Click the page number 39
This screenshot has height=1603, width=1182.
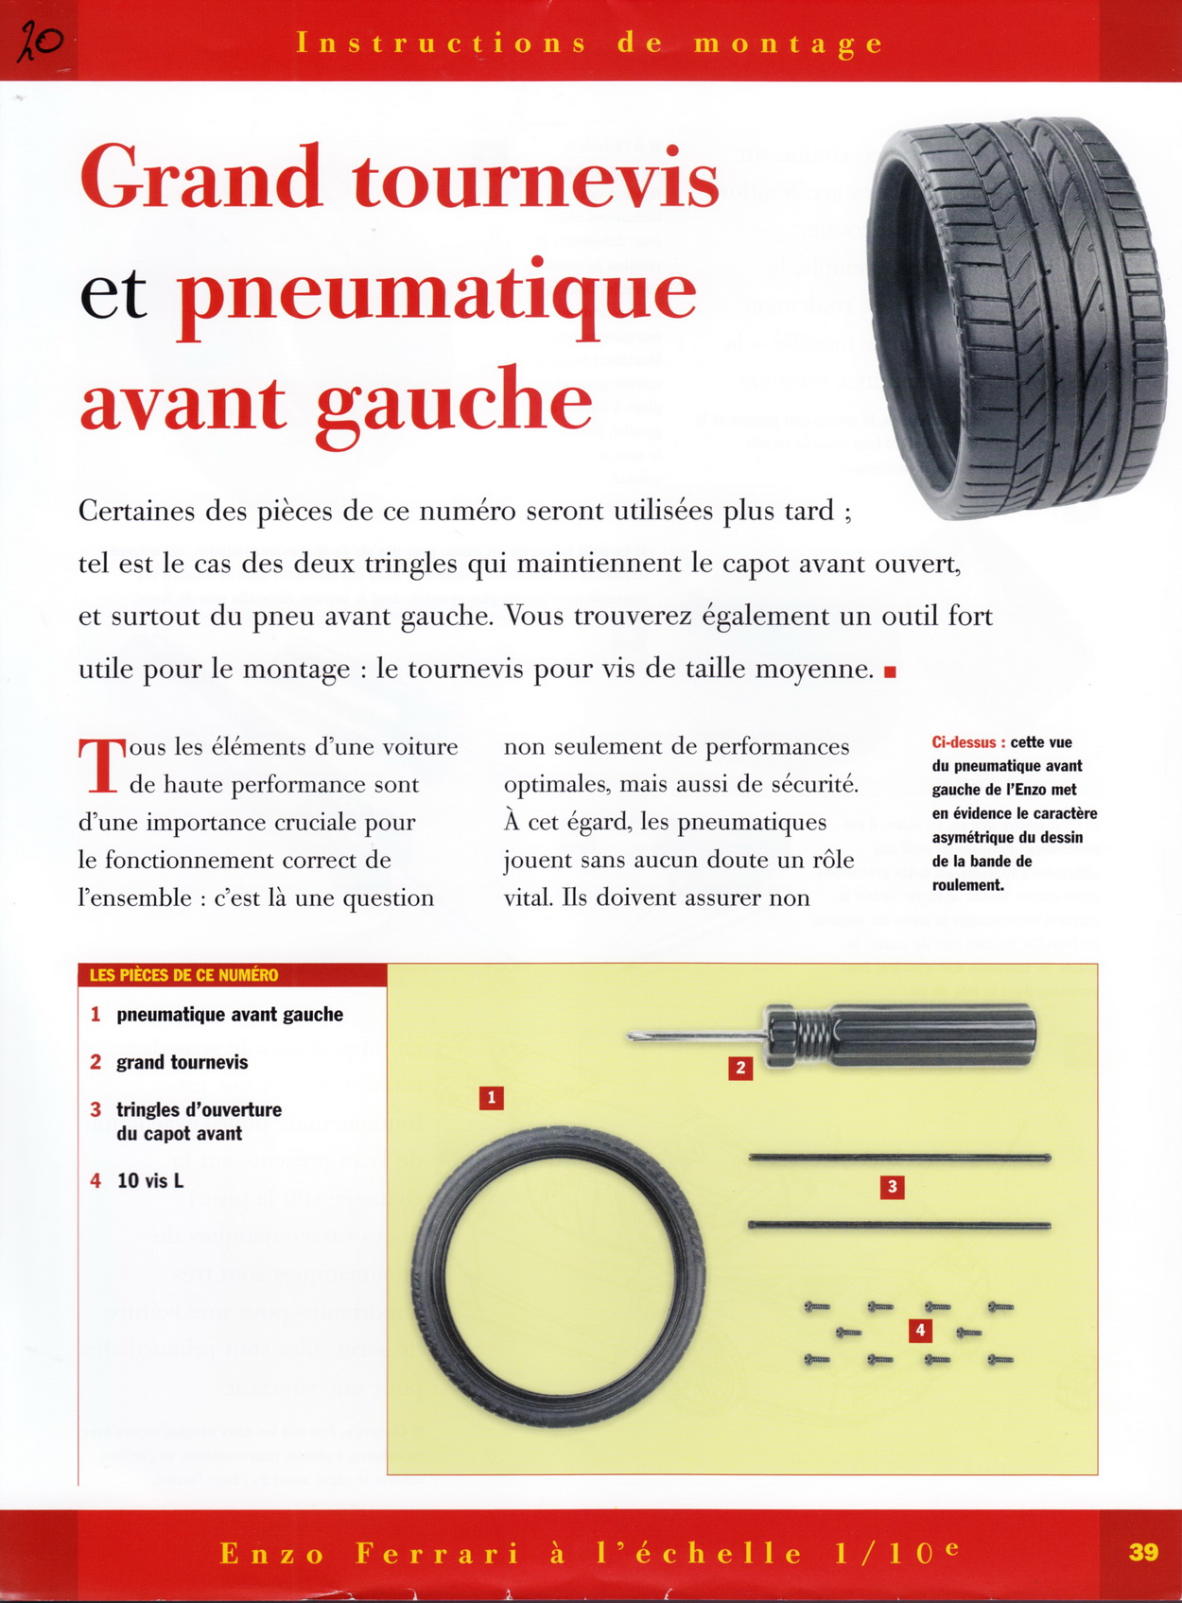pyautogui.click(x=1143, y=1553)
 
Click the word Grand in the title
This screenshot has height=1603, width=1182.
pyautogui.click(x=201, y=179)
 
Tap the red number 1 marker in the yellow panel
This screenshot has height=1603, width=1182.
pyautogui.click(x=491, y=1098)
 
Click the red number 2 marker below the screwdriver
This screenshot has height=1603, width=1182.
pyautogui.click(x=740, y=1069)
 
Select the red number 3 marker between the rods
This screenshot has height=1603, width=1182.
pyautogui.click(x=892, y=1187)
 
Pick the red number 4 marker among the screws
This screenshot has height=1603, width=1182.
pyautogui.click(x=919, y=1332)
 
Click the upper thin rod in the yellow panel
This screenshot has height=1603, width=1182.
pyautogui.click(x=898, y=1158)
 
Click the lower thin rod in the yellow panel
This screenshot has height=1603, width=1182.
pyautogui.click(x=898, y=1226)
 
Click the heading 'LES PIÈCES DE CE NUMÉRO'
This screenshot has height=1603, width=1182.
pyautogui.click(x=183, y=975)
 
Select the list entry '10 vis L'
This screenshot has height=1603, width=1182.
pyautogui.click(x=149, y=1180)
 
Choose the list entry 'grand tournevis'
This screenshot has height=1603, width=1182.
pyautogui.click(x=182, y=1062)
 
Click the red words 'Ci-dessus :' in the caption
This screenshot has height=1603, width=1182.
pyautogui.click(x=968, y=742)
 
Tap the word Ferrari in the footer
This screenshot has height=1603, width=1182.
pyautogui.click(x=438, y=1554)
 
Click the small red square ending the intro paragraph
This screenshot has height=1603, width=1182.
pyautogui.click(x=889, y=672)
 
